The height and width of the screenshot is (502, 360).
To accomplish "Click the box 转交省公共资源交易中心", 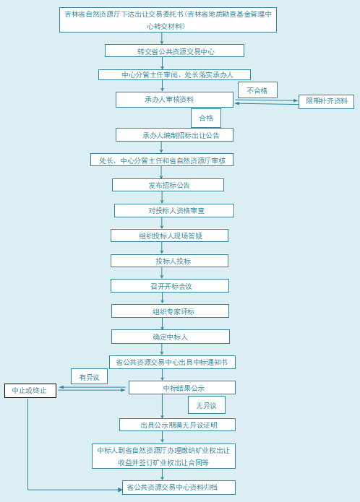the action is [x=174, y=51].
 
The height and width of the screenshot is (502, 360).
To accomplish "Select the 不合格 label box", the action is [x=257, y=90].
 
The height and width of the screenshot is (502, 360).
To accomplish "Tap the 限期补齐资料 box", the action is [x=326, y=102].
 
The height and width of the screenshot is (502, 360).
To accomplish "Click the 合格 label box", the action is [x=206, y=118].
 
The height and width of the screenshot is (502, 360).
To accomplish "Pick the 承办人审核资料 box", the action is [x=174, y=100].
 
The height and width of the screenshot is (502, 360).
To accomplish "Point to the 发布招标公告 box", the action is [x=168, y=185].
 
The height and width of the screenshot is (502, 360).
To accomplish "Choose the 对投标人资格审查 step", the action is [x=174, y=211].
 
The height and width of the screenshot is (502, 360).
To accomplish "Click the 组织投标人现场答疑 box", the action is [x=169, y=235].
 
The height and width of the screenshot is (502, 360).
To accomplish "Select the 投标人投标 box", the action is [x=169, y=261].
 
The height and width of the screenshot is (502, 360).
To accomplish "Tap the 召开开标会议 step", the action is [x=170, y=285].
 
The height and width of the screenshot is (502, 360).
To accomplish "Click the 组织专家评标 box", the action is [x=170, y=311].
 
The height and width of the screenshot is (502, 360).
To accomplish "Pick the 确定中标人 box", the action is [x=171, y=337].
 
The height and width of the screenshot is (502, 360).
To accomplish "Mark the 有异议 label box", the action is [x=89, y=376].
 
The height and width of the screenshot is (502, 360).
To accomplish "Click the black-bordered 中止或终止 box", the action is [x=30, y=391].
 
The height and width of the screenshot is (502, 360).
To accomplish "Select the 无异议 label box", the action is [x=207, y=405].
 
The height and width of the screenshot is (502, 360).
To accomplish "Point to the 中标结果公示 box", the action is [x=182, y=387].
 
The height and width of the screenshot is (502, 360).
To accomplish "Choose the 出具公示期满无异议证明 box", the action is [x=177, y=425].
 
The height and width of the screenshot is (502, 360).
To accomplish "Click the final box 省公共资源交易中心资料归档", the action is [x=179, y=488].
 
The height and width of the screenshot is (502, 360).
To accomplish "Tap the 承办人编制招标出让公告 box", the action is [x=174, y=135].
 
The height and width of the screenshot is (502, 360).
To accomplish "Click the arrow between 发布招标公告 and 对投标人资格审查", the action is [x=162, y=197].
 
